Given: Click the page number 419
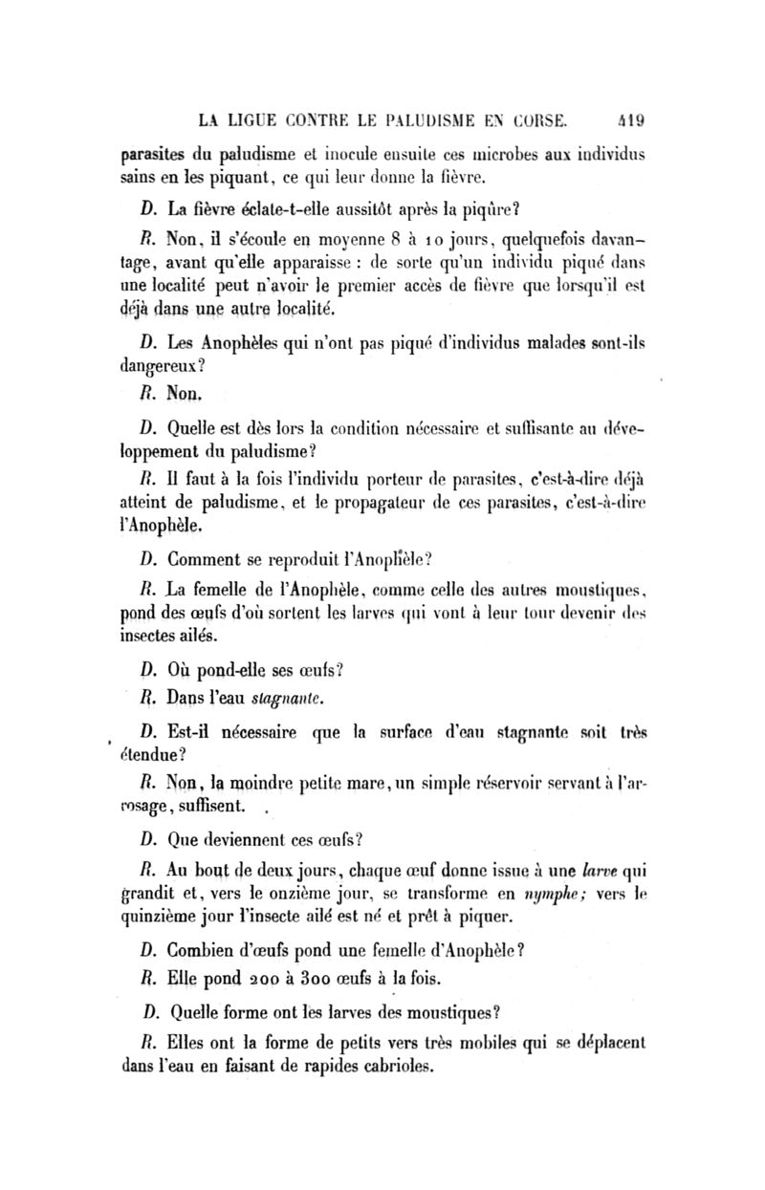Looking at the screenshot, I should click(630, 120).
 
